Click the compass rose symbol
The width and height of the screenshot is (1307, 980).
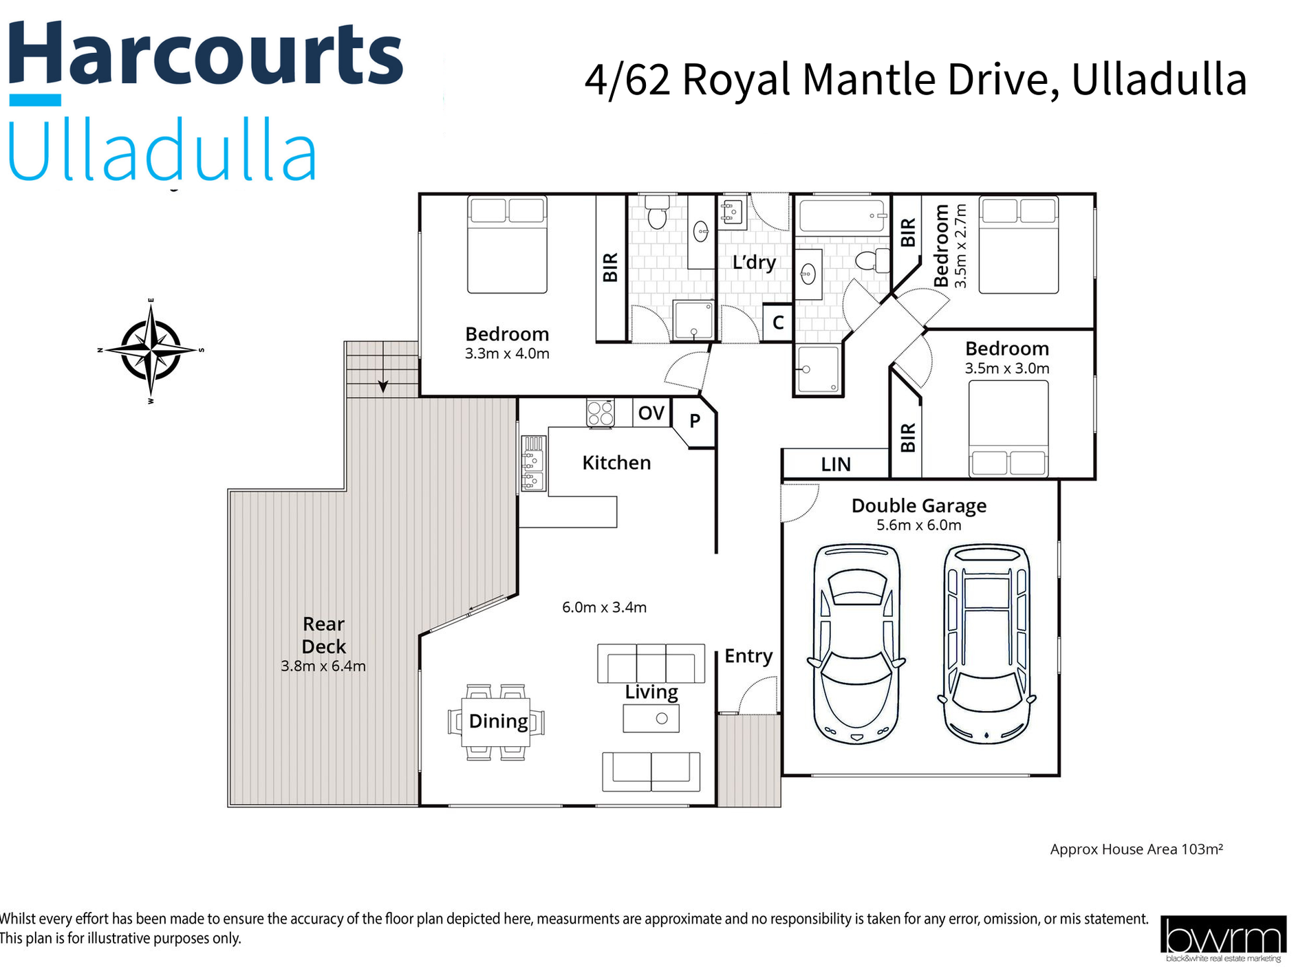pos(151,350)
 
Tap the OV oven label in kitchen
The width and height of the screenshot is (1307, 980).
pos(651,413)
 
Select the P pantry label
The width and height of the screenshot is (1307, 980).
pos(695,421)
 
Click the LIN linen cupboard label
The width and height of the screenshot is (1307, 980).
pos(836,465)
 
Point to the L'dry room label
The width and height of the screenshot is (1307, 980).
pos(754,262)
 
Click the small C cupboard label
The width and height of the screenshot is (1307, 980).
pos(778,323)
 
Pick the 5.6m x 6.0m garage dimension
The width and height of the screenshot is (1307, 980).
pos(918,525)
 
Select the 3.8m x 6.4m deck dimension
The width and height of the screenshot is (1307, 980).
pos(323,666)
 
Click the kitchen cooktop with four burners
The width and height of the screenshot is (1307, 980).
pos(600,413)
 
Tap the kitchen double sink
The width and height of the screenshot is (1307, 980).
pos(533,464)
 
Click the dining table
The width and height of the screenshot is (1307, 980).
pos(496,721)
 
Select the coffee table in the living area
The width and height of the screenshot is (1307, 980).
pos(651,719)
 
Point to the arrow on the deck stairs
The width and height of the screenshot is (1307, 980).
pos(383,386)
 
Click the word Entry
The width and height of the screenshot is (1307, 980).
pos(748,656)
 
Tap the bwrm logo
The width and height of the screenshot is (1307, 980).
pos(1222,937)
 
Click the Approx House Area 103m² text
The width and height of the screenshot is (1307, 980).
pos(1136,849)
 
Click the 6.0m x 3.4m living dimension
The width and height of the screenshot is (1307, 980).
pos(604,607)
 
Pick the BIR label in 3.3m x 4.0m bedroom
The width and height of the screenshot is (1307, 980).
pos(610,268)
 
